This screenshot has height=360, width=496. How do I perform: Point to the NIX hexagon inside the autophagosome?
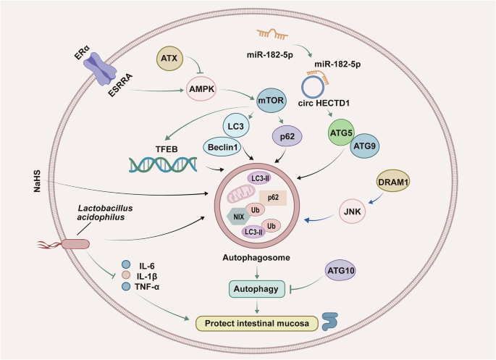pyautogui.click(x=237, y=216)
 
